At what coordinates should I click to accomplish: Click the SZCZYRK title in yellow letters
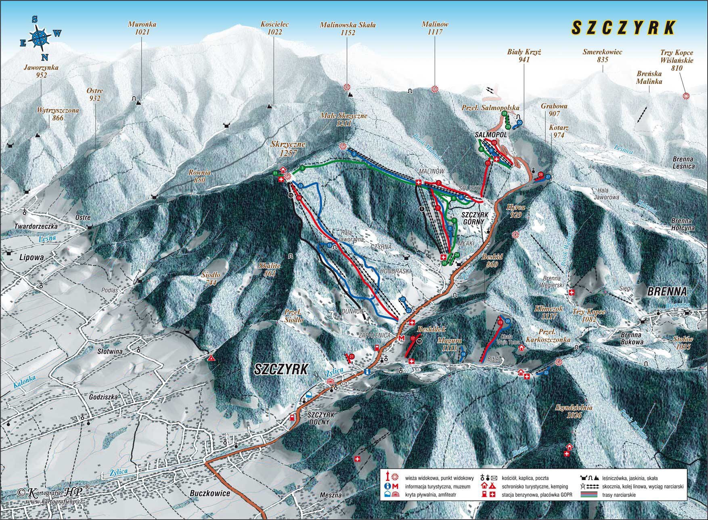(624, 27)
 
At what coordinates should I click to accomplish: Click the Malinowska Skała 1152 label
(348, 28)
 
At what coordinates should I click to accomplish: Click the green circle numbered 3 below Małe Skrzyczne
(302, 168)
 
